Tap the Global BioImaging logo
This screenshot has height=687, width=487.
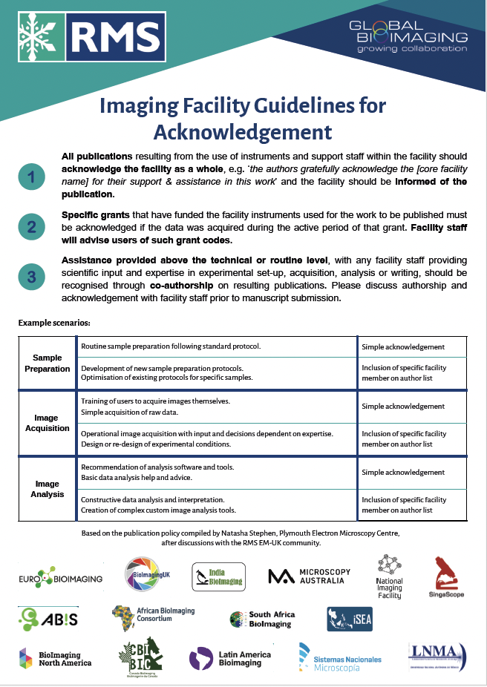point(408,36)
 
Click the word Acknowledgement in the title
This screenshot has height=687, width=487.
point(243,132)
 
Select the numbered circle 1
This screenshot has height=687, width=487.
point(31,177)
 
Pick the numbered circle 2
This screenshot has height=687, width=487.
point(31,227)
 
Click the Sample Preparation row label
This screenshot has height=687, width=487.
point(48,363)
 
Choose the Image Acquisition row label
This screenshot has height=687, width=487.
point(48,423)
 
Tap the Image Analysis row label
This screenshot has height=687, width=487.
point(48,488)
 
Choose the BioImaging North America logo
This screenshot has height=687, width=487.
point(55,658)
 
